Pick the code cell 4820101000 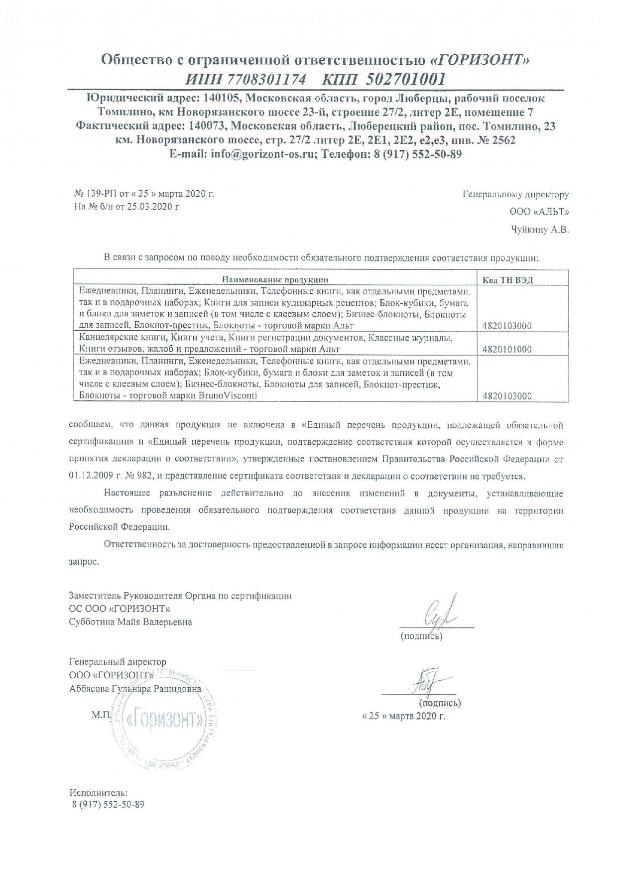click(507, 349)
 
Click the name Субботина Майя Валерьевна click(130, 622)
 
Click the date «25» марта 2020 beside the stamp click(402, 716)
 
